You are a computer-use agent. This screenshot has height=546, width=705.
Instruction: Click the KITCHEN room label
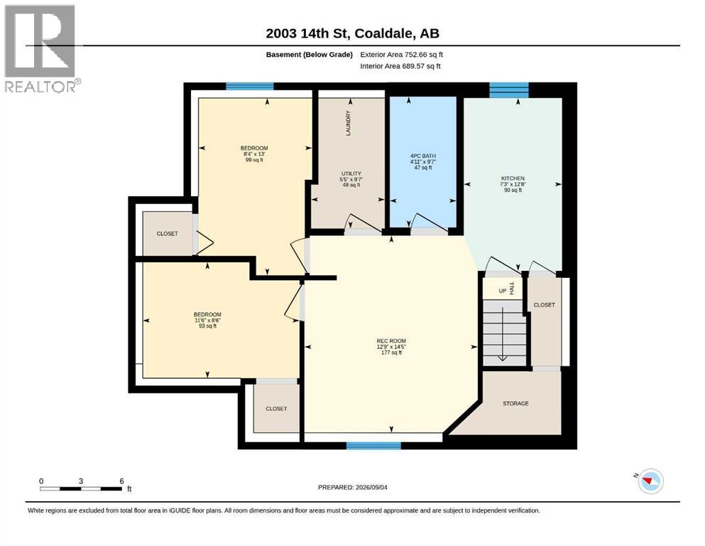pos(513,178)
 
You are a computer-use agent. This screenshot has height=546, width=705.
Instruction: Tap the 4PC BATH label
pos(423,156)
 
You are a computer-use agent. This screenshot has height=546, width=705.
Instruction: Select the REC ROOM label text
pos(392,341)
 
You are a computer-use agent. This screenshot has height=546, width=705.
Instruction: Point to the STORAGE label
pos(515,403)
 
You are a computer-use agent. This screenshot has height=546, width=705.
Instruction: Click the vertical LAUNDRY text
pos(348,123)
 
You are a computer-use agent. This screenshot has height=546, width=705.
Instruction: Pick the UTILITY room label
pos(351,173)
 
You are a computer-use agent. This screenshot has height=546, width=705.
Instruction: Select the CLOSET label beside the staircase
pos(544,305)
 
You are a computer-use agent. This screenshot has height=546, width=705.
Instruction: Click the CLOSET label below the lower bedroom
pos(276,409)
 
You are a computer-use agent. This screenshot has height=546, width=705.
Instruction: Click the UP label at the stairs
pos(503,291)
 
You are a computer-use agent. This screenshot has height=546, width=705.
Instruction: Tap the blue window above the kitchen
pos(509,90)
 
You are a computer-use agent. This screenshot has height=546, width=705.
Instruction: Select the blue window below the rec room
pos(373,446)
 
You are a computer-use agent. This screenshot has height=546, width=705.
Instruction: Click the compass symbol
pos(650,481)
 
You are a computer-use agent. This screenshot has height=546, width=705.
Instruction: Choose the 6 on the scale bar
pos(122,481)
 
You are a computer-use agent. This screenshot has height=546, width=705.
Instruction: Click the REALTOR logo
pos(42,48)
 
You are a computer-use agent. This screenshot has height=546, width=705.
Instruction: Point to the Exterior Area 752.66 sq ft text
pos(402,55)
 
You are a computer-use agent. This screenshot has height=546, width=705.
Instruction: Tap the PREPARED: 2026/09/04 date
pos(352,487)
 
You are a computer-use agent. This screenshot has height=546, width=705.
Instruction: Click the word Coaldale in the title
pos(385,33)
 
